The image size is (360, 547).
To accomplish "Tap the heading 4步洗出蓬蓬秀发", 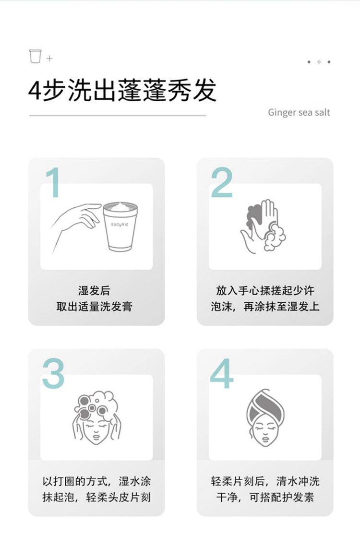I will point(122,90).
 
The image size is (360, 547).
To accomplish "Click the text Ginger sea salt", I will point(299,112).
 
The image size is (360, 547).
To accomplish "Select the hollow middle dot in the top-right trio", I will point(319,62).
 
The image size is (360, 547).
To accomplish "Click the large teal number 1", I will point(53,183).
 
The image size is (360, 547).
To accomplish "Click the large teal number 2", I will point(222,183).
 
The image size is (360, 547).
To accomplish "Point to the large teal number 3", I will point(53,373).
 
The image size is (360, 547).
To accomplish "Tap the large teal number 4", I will point(222,373).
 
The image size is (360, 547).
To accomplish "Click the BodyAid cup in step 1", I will point(120,226).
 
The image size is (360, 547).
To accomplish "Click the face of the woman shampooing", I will point(96,424).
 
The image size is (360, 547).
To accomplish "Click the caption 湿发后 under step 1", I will point(94,291).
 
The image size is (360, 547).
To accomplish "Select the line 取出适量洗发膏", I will point(94,307).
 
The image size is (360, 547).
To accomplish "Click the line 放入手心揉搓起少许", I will point(265,291).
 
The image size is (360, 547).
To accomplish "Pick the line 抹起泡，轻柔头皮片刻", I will point(96,497).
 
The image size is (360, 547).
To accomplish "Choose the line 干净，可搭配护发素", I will point(265,497).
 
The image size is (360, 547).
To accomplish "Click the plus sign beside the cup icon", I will point(49,59).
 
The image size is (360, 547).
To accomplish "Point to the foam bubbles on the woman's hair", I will point(96,403).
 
